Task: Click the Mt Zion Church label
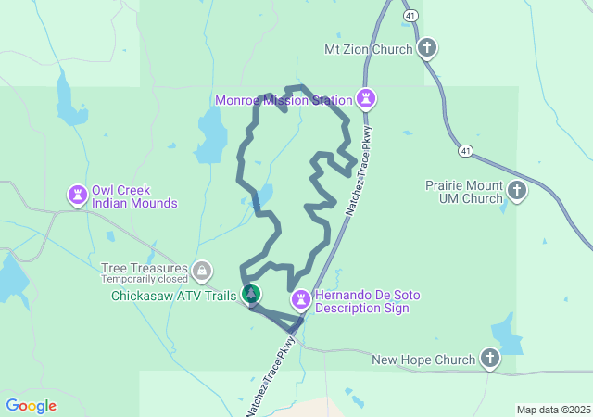pos(368,49)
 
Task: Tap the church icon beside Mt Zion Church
pos(427,48)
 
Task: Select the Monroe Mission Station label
pos(284,100)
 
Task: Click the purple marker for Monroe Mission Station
pos(367,98)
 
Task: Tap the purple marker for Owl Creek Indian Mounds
pos(77,195)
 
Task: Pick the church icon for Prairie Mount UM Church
pos(517,191)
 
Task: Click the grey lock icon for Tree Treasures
pos(202,271)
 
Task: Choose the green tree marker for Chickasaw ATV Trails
pos(250,294)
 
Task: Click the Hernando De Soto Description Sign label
pos(368,301)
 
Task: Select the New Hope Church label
pos(423,359)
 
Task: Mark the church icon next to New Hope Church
pos(489,359)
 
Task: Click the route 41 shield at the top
pos(409,16)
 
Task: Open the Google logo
pos(31,406)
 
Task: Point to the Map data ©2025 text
pos(553,410)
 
